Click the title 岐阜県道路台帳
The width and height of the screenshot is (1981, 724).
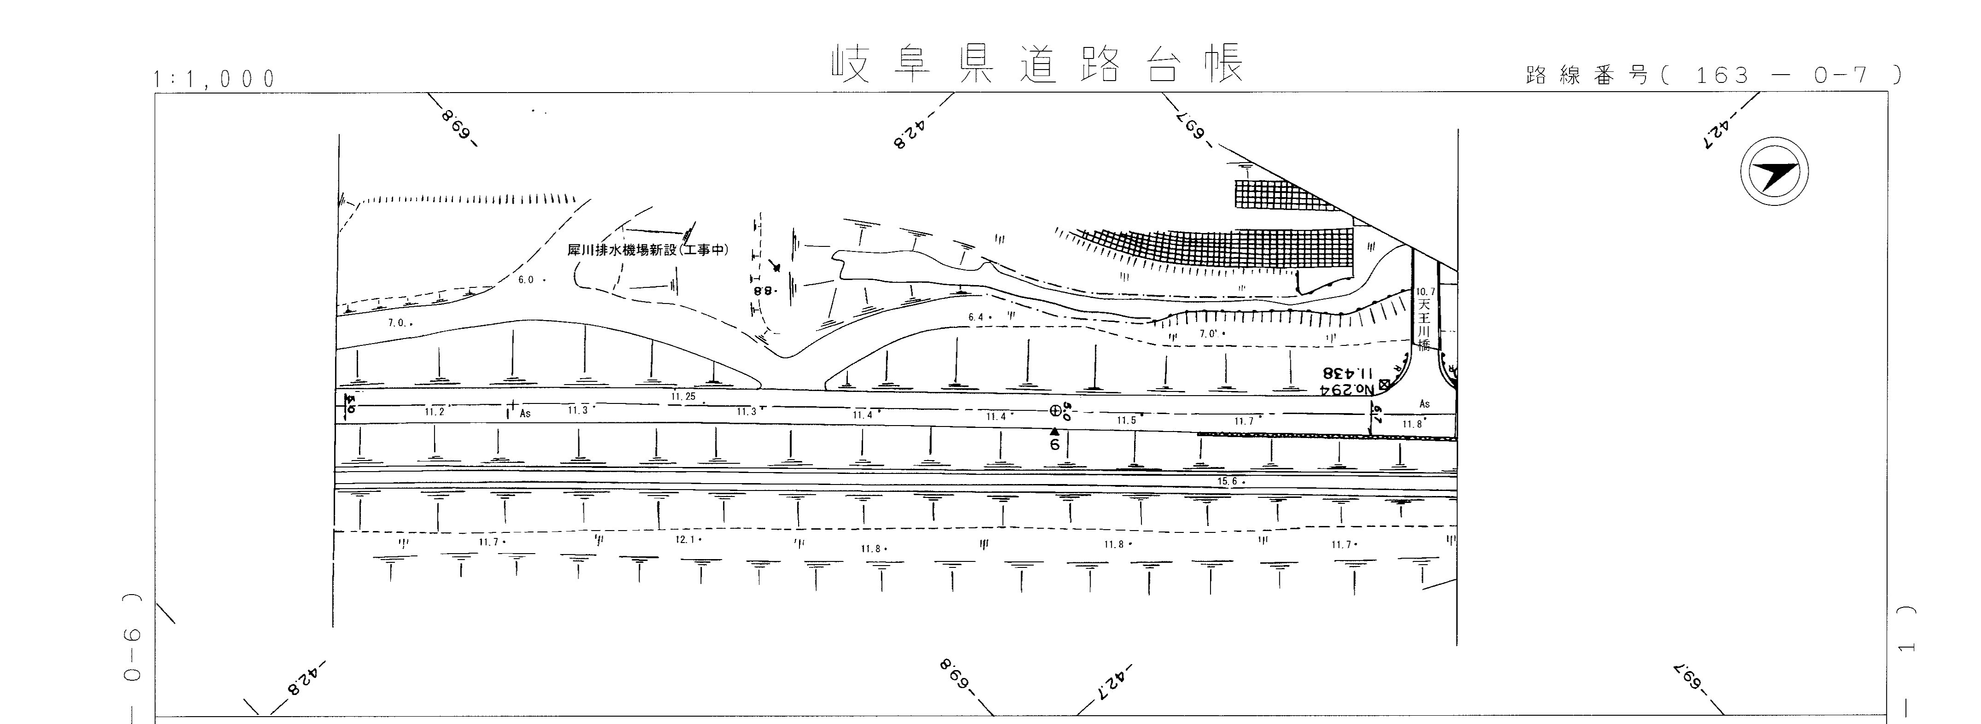(1037, 64)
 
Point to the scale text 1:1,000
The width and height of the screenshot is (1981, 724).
(215, 78)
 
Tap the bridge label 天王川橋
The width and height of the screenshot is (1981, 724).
(1423, 324)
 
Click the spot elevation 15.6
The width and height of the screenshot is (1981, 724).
(1228, 482)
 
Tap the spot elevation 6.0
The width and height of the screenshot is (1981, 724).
(527, 280)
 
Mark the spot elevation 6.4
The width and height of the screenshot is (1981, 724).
(976, 317)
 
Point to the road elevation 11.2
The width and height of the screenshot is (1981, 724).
(435, 412)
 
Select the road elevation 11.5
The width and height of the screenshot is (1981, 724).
(1127, 420)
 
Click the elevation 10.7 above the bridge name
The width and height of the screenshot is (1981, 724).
(1425, 292)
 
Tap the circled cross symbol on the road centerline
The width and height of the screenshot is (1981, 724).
(1056, 410)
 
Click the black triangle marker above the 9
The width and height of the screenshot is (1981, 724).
(1054, 431)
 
